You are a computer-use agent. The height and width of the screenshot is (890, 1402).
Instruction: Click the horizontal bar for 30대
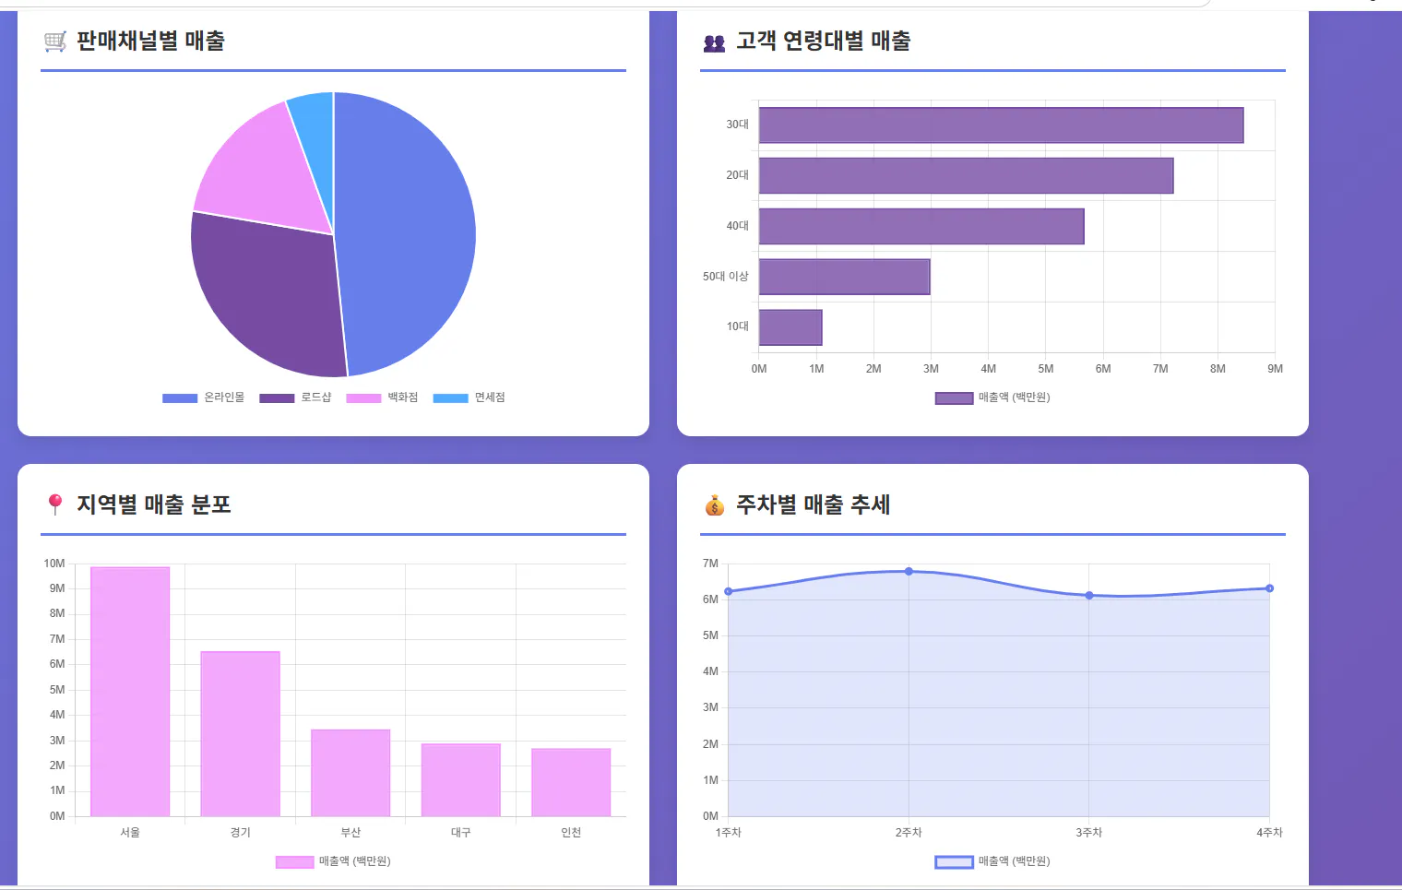1001,125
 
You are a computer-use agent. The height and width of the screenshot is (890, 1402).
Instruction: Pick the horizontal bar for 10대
790,327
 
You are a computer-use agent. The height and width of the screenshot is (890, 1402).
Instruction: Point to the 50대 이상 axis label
725,277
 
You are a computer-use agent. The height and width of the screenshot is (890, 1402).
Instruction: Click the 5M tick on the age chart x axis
1045,369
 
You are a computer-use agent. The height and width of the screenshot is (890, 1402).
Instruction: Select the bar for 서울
130,692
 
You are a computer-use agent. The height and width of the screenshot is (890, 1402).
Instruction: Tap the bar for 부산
350,773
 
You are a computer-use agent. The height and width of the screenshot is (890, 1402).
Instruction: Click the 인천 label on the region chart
571,833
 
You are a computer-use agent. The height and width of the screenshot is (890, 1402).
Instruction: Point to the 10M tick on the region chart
54,564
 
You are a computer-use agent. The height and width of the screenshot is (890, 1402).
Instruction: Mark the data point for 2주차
909,572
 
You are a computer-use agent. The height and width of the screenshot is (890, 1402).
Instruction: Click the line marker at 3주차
1089,596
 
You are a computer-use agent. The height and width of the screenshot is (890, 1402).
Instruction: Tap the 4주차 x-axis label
1269,833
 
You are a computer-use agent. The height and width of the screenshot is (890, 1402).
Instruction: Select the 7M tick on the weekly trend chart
710,564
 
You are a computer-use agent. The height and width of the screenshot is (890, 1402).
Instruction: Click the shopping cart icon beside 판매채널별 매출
55,42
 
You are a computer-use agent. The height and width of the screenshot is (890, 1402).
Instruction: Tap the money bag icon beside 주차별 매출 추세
715,505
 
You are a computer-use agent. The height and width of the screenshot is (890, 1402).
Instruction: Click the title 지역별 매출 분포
154,504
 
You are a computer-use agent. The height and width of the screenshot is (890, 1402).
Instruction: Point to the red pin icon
55,504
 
